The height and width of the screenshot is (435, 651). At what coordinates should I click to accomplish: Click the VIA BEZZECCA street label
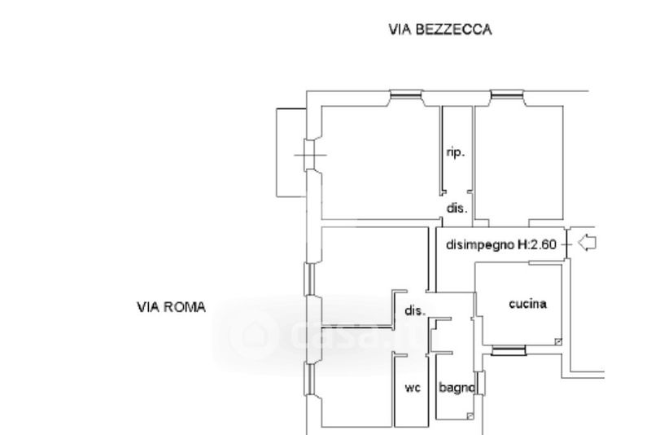440,29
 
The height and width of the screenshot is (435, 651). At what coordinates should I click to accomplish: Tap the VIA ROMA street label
172,307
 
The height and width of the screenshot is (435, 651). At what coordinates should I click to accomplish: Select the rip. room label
456,152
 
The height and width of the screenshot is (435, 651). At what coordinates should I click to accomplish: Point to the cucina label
527,304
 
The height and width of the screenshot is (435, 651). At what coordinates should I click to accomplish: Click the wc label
413,388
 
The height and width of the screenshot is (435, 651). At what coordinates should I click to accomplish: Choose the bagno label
457,388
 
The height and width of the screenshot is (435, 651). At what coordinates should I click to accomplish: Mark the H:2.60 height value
537,244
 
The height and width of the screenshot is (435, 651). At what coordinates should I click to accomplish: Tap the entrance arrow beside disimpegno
587,243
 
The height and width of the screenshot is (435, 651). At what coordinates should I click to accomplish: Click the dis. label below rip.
457,208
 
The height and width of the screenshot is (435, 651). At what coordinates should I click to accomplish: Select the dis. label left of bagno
415,310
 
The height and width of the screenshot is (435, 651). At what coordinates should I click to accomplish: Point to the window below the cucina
509,351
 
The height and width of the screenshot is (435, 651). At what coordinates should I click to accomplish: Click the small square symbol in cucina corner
558,342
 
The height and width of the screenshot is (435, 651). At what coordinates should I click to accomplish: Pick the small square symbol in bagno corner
470,415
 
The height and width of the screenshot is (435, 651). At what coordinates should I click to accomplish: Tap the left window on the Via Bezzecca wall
405,95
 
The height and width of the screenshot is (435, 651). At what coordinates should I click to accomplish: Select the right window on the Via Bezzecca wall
506,95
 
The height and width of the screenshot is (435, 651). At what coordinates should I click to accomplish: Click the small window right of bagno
480,383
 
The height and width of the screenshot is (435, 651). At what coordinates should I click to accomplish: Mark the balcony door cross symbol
311,156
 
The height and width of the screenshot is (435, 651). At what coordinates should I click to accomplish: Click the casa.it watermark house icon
253,335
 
